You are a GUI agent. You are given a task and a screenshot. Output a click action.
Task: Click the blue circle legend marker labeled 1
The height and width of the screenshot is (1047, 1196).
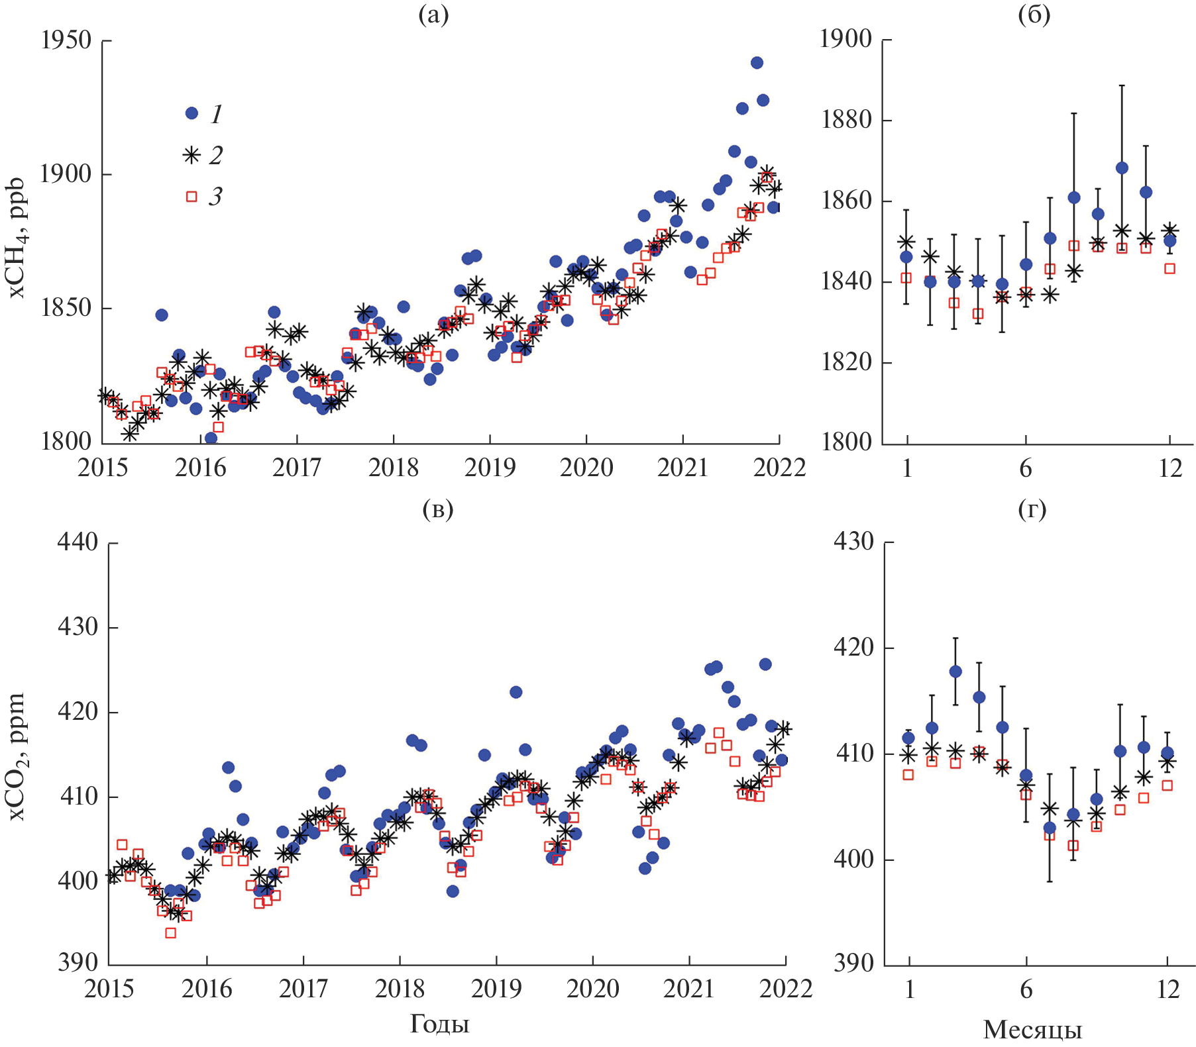click(192, 113)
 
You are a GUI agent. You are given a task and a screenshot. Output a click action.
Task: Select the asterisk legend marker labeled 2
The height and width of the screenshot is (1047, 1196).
click(191, 155)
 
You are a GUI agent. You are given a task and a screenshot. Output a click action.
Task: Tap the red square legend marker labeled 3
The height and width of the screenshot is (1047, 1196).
click(191, 196)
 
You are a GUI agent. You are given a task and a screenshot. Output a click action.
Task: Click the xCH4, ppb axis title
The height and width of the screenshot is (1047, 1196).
click(17, 238)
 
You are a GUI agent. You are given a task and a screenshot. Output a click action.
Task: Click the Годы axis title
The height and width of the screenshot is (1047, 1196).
click(439, 1024)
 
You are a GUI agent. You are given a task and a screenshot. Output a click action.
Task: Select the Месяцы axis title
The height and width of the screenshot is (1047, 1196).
click(1032, 1029)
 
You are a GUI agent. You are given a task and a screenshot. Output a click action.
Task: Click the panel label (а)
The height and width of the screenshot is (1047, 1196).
click(434, 15)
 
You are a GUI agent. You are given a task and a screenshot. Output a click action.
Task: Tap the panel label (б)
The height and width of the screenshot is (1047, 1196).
click(1034, 15)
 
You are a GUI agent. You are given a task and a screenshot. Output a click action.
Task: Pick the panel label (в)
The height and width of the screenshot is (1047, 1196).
click(438, 509)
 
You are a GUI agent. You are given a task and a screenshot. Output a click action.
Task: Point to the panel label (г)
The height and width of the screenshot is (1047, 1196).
click(1032, 509)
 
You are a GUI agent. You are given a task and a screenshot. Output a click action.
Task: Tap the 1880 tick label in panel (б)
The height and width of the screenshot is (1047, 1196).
click(846, 121)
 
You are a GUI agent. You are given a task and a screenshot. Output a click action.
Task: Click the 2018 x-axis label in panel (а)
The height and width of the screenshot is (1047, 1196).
click(394, 468)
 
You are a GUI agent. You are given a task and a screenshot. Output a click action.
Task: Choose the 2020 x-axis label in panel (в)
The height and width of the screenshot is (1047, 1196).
click(593, 989)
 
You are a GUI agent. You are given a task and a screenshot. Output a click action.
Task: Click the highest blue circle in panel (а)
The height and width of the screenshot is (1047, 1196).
click(757, 63)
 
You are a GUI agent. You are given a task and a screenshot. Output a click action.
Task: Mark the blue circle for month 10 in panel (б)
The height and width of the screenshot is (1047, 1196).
click(1122, 168)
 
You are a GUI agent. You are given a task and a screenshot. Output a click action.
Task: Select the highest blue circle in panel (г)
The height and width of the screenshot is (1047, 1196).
click(955, 672)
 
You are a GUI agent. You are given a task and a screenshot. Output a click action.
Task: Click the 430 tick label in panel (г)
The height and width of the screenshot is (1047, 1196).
click(853, 542)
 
